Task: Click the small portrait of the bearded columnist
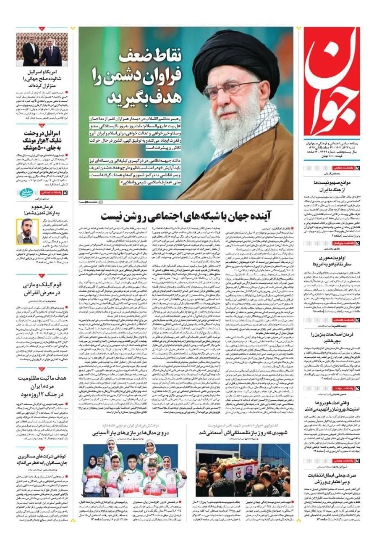[27, 232]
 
